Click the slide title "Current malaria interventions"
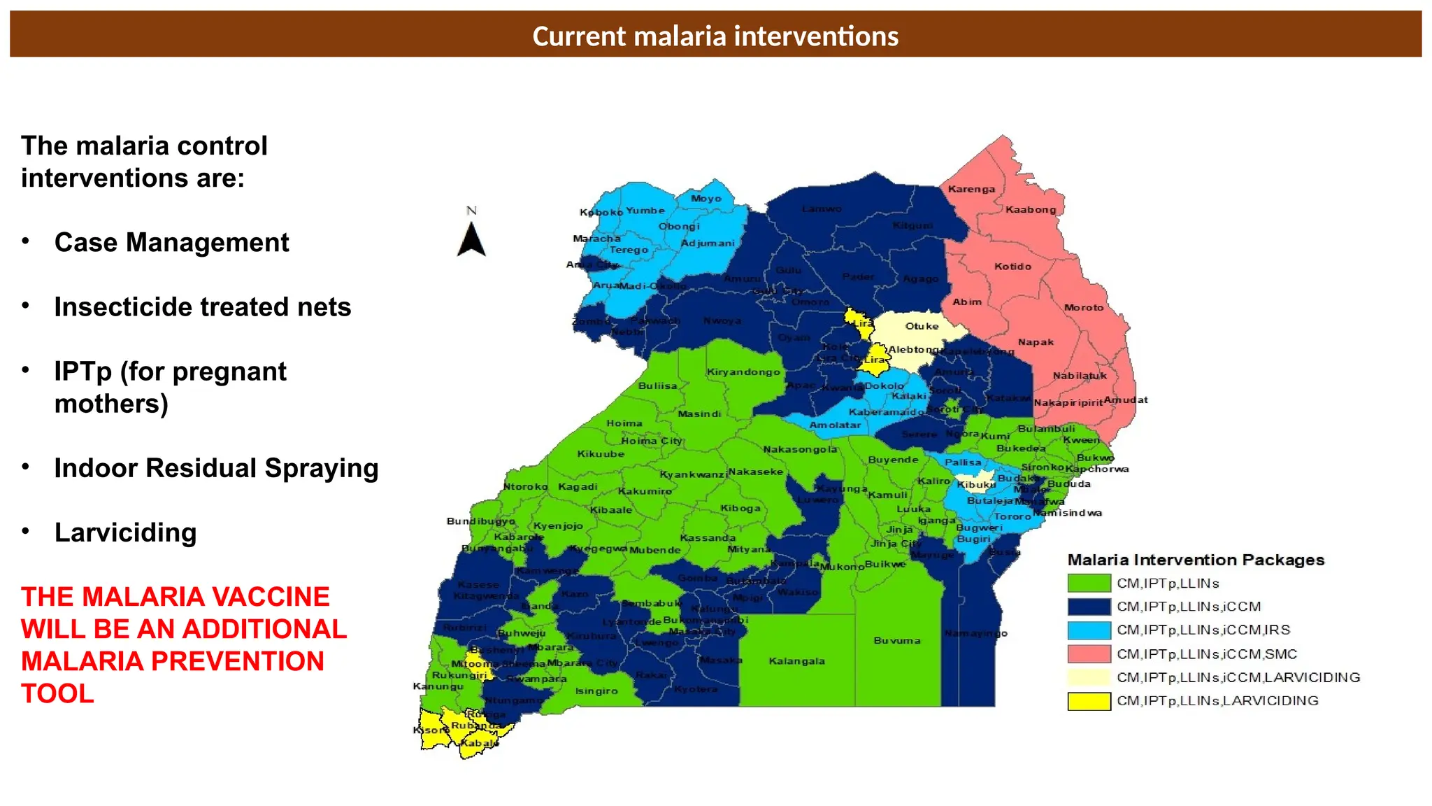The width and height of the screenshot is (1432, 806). click(715, 36)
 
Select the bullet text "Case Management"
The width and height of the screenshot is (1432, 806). click(171, 243)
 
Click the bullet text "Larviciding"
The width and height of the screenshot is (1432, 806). click(126, 532)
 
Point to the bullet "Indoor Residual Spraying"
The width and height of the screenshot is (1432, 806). click(216, 468)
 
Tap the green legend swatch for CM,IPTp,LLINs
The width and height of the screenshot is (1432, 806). click(1089, 583)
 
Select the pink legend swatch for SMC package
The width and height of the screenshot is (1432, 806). click(1089, 653)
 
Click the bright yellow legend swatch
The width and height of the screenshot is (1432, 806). click(1089, 700)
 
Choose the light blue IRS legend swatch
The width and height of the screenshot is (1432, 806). click(1089, 630)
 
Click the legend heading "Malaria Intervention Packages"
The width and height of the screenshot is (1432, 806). click(1196, 560)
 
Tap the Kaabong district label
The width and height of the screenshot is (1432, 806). click(1031, 209)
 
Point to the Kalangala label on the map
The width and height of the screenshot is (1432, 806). click(796, 661)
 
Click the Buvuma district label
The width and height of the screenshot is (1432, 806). click(897, 640)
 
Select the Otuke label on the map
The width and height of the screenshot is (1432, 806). click(922, 326)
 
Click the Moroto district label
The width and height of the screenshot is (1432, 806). click(1083, 307)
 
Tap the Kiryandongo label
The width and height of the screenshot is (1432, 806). click(743, 372)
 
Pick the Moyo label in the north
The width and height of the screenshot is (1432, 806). click(706, 199)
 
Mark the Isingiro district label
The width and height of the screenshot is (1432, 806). click(596, 691)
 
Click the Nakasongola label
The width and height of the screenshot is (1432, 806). click(800, 449)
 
